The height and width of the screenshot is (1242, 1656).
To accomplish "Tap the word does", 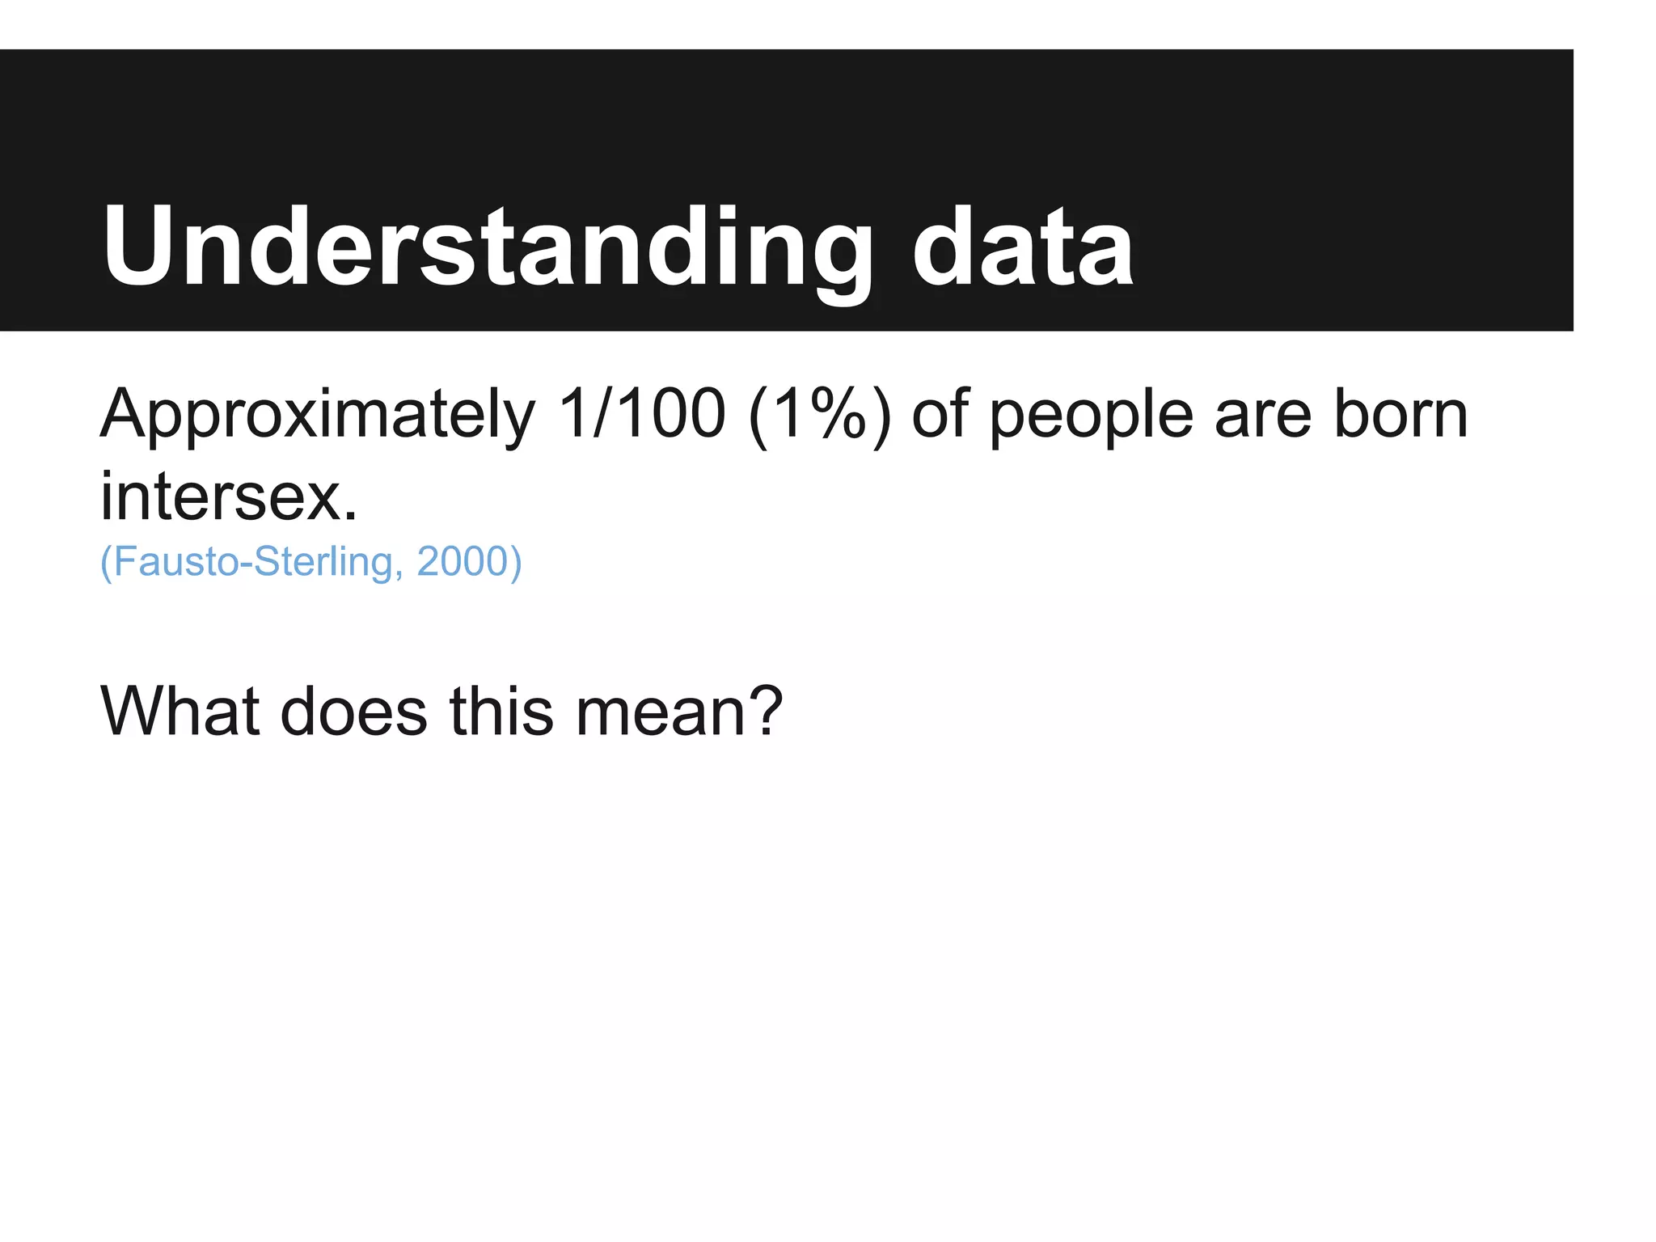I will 353,712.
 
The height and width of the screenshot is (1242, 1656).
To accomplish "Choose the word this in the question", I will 501,712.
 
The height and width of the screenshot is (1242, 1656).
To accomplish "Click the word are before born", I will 1262,415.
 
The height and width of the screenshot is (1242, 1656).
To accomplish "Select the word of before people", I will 940,413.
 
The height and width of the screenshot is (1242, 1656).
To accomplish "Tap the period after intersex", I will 350,516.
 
